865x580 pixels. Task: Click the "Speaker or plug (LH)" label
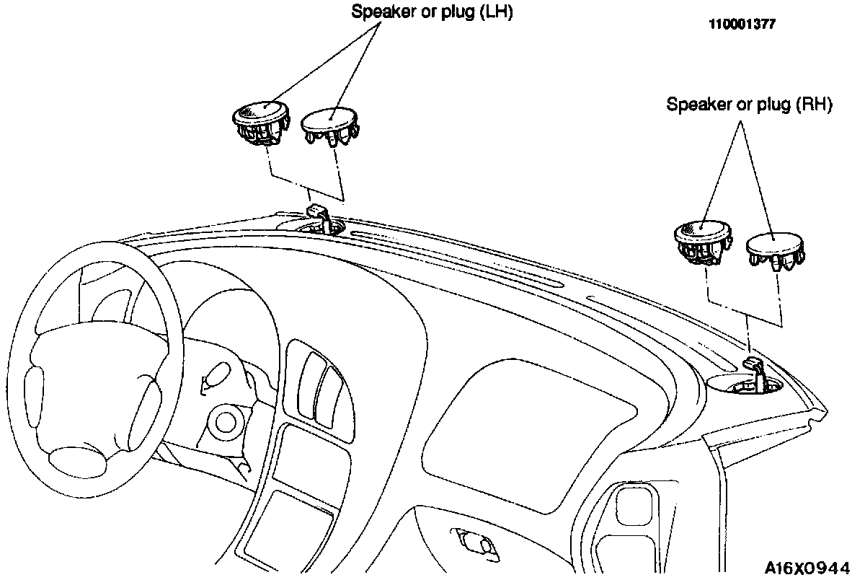[x=432, y=12]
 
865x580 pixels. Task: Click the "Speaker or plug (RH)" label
[x=749, y=105]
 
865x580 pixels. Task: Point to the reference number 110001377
[x=742, y=25]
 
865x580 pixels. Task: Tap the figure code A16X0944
[x=807, y=568]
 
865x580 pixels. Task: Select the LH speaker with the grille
[x=261, y=123]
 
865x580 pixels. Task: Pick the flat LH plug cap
[x=329, y=126]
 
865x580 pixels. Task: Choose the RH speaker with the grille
[x=704, y=242]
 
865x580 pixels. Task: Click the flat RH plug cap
[x=776, y=251]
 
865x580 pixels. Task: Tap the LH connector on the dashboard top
[x=319, y=219]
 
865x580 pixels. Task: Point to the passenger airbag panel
[x=529, y=436]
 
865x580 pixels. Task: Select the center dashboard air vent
[x=320, y=390]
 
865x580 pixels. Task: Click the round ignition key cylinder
[x=225, y=422]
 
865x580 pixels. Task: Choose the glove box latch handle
[x=474, y=544]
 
